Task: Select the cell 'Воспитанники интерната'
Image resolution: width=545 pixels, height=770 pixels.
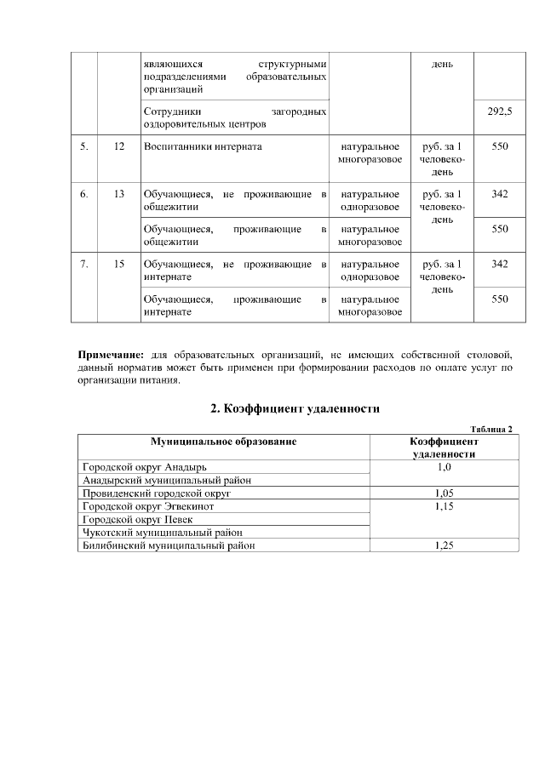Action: [203, 146]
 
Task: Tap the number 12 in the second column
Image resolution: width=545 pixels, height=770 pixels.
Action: [118, 146]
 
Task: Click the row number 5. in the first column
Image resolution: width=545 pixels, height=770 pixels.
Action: [84, 146]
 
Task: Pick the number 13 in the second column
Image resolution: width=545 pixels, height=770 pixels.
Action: [118, 194]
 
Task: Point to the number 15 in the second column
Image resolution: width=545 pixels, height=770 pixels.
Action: [118, 264]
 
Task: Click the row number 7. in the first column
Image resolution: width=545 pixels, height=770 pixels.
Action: [84, 264]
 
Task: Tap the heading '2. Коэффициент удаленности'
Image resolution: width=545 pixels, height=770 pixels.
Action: [295, 408]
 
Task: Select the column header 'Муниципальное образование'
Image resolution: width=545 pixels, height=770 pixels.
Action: [224, 442]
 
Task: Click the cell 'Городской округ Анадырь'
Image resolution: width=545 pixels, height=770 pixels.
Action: [144, 467]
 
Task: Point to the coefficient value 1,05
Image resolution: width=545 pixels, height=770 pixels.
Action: [442, 493]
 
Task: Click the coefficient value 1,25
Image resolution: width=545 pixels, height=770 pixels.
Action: [442, 545]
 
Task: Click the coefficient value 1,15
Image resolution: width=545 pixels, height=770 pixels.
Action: [442, 506]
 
